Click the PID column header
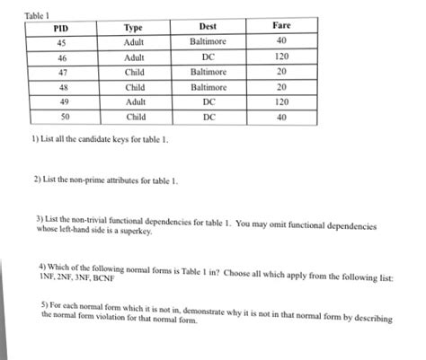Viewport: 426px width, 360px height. pos(61,28)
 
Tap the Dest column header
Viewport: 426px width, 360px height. pos(209,28)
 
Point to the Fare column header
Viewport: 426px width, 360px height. pos(280,27)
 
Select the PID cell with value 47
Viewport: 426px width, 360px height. pos(61,71)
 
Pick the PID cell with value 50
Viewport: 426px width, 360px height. pos(63,117)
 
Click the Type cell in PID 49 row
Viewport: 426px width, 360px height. pos(136,102)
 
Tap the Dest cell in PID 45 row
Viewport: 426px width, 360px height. pos(209,41)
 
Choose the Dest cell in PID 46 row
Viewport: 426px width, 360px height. pos(209,57)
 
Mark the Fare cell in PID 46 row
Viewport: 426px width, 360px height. pos(280,57)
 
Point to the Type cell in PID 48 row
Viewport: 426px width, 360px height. pos(136,87)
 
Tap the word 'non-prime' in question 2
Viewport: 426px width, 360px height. pos(92,180)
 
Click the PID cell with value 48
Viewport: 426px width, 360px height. pos(62,87)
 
